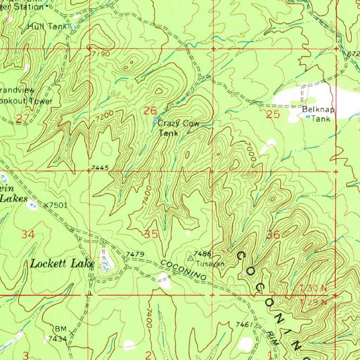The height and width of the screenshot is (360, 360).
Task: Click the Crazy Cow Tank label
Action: pos(178,128)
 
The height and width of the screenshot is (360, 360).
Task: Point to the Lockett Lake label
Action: pos(62,264)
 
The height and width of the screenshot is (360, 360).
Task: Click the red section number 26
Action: pos(150,111)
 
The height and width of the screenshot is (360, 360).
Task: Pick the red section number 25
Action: pos(273,114)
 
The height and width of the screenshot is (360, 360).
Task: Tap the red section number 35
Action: pos(151,234)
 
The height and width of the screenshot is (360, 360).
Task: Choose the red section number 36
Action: pos(273,235)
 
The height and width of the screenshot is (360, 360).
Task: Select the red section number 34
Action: pos(28,234)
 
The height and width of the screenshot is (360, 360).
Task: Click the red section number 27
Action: pos(22,118)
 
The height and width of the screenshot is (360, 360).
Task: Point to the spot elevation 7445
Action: pos(97,168)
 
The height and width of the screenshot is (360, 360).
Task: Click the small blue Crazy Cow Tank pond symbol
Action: pos(155,121)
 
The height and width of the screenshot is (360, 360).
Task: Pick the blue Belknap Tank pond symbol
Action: pos(308,116)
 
